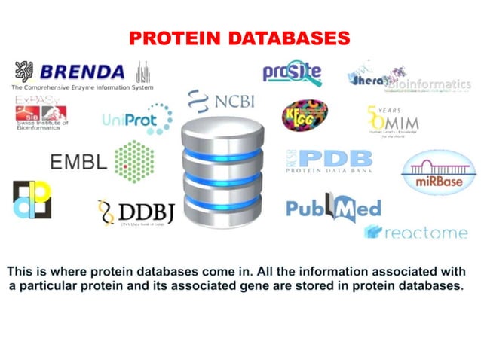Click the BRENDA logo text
click(x=81, y=72)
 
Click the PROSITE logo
click(x=292, y=72)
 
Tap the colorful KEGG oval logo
click(x=305, y=115)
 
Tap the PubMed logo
click(x=333, y=207)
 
